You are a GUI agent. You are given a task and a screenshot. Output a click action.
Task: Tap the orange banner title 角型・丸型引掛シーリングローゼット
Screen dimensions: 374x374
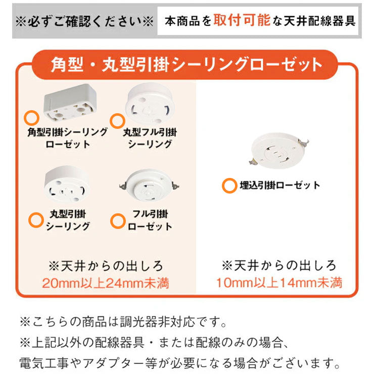pos(186,65)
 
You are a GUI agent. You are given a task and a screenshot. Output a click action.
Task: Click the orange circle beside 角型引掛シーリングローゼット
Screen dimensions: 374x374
pos(31,118)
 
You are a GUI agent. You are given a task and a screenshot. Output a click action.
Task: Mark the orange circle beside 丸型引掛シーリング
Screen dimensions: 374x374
pos(36,219)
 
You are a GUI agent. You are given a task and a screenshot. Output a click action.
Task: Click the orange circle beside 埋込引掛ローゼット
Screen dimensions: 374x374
pos(228,185)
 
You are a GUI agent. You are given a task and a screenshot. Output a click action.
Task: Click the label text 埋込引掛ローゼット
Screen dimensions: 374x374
pos(279,185)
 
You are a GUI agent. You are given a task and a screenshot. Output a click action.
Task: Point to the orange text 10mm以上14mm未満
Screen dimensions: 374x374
pos(279,282)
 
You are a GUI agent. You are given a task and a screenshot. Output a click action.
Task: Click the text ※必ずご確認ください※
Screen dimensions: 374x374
pos(83,22)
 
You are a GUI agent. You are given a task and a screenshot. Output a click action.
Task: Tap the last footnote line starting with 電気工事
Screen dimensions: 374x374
pos(179,362)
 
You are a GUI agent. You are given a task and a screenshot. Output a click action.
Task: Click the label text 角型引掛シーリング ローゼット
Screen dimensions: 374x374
pos(67,138)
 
